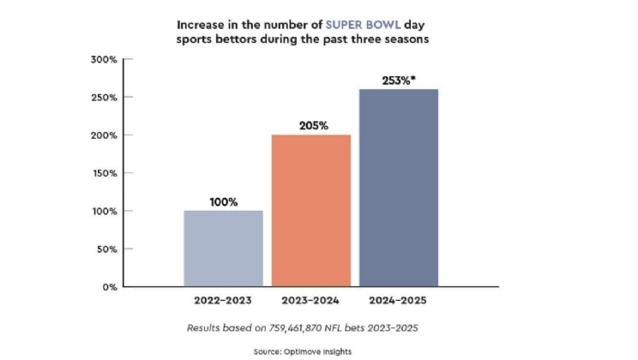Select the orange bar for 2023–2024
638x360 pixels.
pyautogui.click(x=310, y=211)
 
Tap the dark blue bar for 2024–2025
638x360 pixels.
pyautogui.click(x=399, y=188)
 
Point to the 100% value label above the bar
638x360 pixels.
pyautogui.click(x=224, y=202)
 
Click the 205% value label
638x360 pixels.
pyautogui.click(x=310, y=125)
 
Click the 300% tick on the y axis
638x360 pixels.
pyautogui.click(x=105, y=59)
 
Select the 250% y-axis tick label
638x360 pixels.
pyautogui.click(x=105, y=97)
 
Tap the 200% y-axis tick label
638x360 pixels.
pyautogui.click(x=105, y=135)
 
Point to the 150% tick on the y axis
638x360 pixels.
pyautogui.click(x=105, y=173)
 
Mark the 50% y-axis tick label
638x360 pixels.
pyautogui.click(x=107, y=249)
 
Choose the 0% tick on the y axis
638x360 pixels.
pyautogui.click(x=110, y=287)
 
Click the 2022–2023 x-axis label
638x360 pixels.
pyautogui.click(x=224, y=301)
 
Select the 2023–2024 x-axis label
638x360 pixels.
pyautogui.click(x=310, y=301)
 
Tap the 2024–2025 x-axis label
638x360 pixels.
pyautogui.click(x=400, y=301)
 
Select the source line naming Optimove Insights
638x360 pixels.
pyautogui.click(x=318, y=351)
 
